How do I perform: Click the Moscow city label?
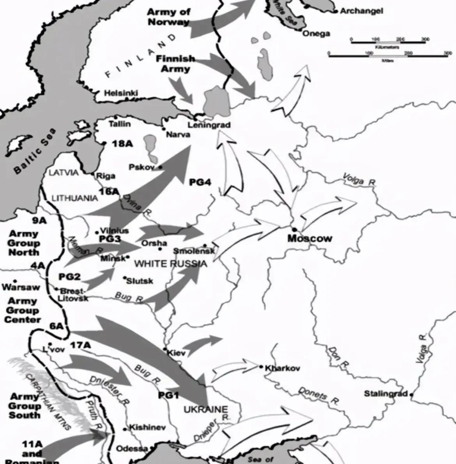(310, 238)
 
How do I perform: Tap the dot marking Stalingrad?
(412, 395)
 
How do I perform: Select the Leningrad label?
(209, 125)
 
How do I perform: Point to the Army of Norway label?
(168, 17)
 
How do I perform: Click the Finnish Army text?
(175, 64)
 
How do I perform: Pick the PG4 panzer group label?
(200, 182)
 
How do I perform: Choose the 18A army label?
(122, 144)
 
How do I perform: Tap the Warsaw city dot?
(15, 281)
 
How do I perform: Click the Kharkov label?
(283, 368)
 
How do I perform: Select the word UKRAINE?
(205, 409)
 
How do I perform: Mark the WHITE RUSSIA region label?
(171, 264)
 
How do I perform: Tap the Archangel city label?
(361, 11)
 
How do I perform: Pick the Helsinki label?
(121, 93)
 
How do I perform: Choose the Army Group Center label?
(23, 310)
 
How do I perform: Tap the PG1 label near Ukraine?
(168, 395)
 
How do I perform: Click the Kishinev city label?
(147, 427)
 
